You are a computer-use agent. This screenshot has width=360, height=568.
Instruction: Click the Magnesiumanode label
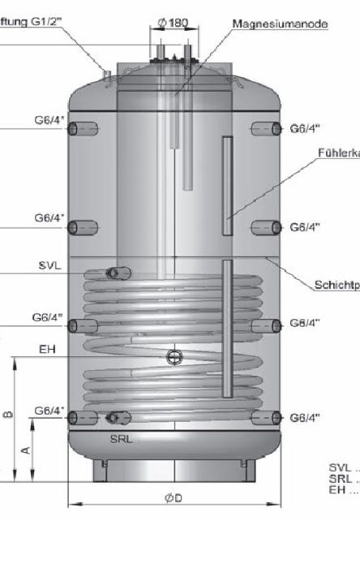coord(280,25)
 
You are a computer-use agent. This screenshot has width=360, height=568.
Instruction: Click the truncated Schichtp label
coord(336,286)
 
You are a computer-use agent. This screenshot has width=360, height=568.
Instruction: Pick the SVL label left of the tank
coord(49,266)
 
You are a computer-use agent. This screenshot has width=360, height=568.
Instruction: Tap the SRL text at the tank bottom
coord(122,438)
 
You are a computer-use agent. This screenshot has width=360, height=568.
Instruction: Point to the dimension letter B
coord(7,415)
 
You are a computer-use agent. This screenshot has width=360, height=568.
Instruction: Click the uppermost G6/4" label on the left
coord(49,121)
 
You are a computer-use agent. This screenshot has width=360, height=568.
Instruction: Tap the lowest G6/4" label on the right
coord(305,418)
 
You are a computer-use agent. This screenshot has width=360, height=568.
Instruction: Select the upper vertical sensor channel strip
coord(227,179)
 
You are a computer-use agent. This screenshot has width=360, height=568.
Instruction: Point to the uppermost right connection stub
coord(266,128)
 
